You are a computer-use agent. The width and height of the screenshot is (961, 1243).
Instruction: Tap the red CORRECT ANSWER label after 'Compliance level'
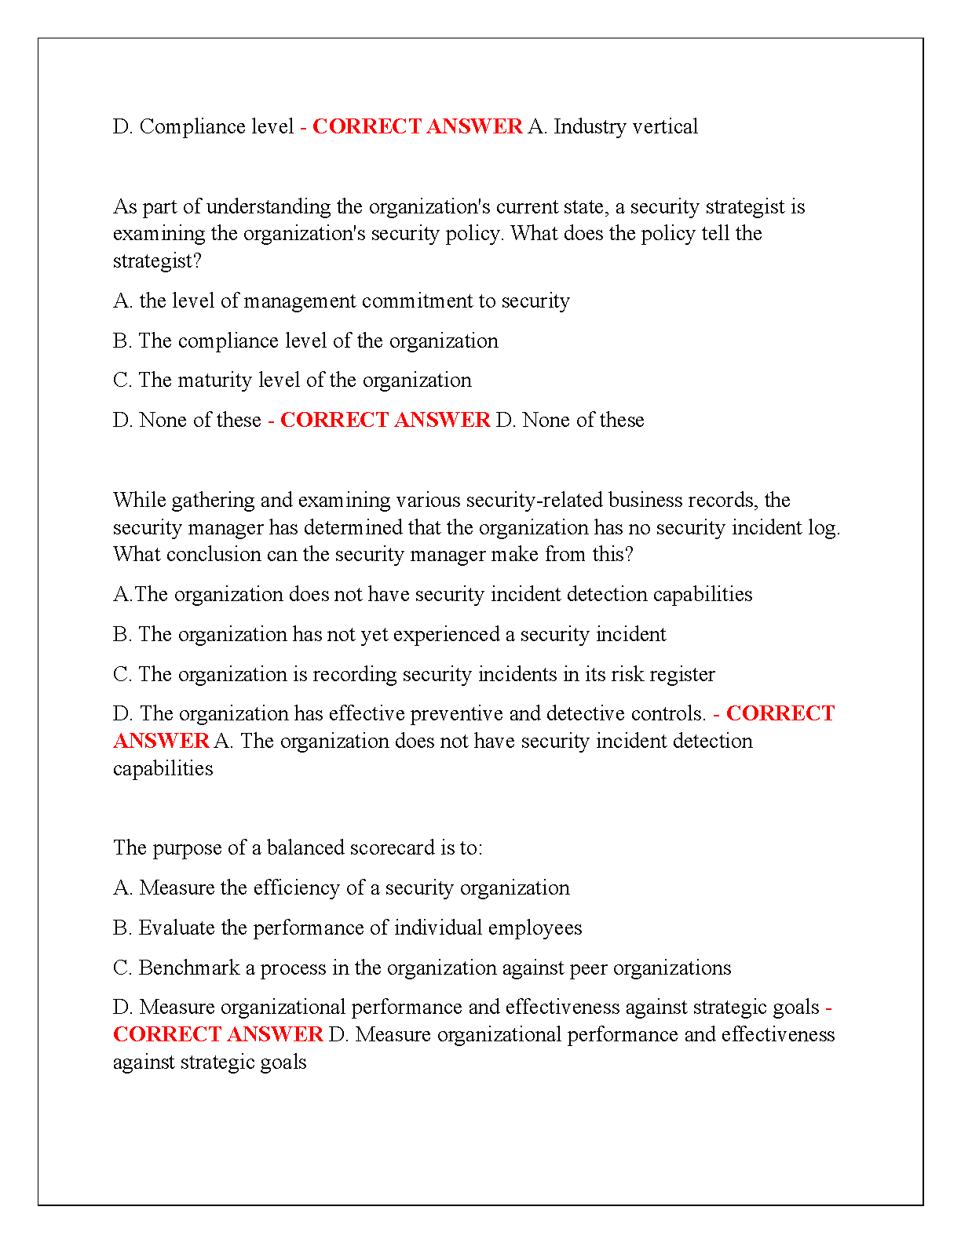417,126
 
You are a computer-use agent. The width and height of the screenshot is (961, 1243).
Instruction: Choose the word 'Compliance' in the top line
192,126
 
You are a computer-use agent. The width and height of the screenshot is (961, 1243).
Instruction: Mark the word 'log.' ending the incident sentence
824,527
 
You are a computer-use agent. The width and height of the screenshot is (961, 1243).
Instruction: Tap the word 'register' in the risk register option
684,674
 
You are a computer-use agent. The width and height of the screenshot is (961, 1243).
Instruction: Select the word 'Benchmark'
188,968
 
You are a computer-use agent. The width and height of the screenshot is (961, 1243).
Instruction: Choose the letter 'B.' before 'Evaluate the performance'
122,928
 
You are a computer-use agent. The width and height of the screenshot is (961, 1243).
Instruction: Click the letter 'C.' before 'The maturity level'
122,381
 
